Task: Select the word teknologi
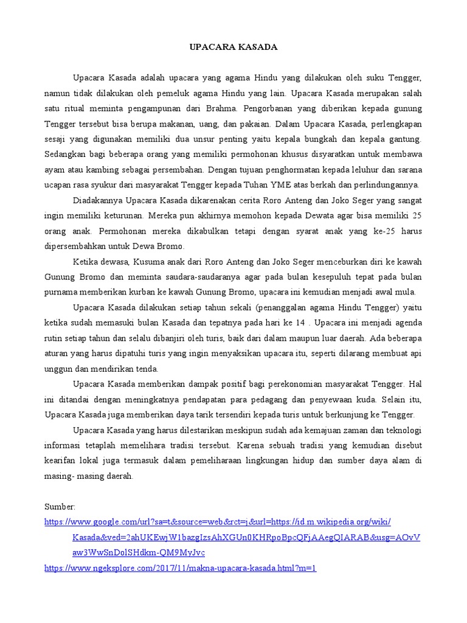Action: (401, 430)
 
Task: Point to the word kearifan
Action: (61, 461)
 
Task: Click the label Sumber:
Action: (60, 507)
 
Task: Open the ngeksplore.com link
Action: (181, 568)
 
